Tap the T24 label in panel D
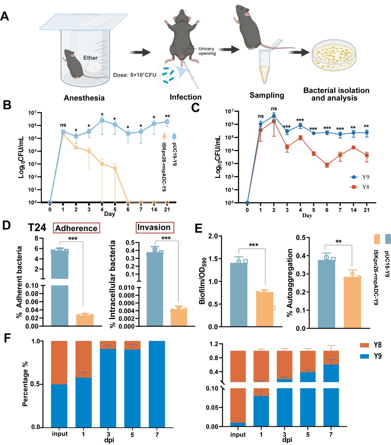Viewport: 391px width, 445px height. click(x=39, y=229)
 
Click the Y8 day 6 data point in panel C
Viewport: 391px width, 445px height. click(x=327, y=165)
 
